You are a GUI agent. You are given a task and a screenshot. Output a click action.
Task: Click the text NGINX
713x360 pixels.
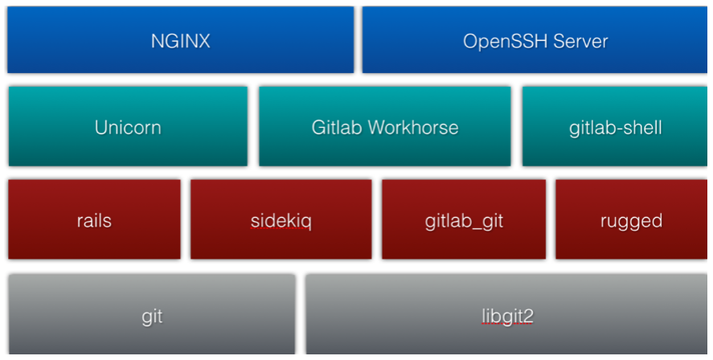(x=180, y=41)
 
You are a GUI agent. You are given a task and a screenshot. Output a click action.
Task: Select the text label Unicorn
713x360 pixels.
(x=128, y=128)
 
